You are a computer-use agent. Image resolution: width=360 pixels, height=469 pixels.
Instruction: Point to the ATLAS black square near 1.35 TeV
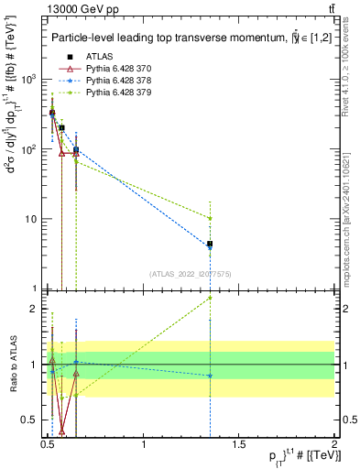211,244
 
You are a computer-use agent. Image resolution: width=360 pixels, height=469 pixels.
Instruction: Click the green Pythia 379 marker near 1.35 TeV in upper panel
211,218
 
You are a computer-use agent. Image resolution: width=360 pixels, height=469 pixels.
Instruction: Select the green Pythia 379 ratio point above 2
211,298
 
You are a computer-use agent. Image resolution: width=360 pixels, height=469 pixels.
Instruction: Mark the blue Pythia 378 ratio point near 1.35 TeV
211,376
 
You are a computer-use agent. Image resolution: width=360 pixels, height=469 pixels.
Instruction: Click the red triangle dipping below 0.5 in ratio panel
61,430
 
